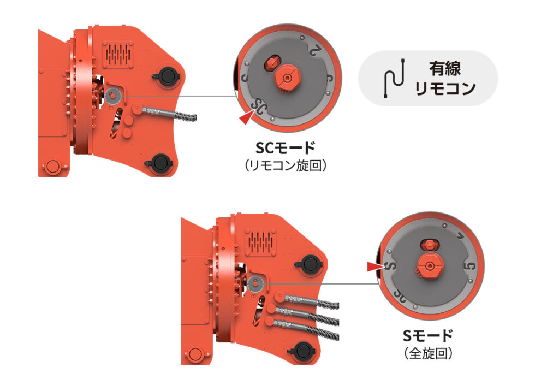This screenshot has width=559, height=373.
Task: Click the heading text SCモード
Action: pos(285,148)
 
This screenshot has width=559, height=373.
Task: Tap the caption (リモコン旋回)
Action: pos(285,165)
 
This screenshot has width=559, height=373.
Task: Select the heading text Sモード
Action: pos(428,336)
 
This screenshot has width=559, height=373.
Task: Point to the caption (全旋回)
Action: pos(428,353)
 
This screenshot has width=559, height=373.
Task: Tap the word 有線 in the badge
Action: pos(444,68)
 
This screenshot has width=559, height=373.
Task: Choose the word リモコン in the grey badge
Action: pos(445,88)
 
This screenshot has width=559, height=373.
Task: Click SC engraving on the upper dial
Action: pos(258,107)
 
